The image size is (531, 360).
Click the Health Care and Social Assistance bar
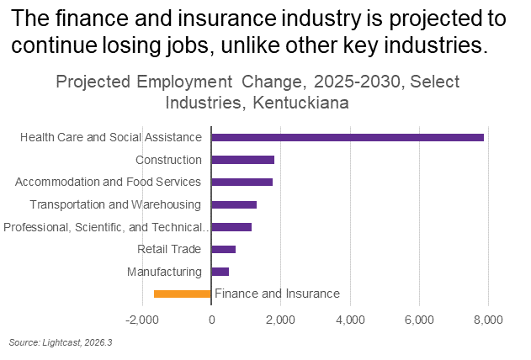[348, 137]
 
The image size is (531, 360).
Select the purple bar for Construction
[243, 160]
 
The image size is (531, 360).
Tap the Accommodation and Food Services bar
[242, 182]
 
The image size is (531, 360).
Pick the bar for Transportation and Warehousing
[234, 204]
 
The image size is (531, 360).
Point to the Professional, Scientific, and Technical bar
[231, 227]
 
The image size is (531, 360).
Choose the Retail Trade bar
[224, 249]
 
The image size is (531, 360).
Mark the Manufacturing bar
[220, 272]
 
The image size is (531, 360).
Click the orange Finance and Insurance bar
[183, 294]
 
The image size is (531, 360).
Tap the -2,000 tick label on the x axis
[142, 320]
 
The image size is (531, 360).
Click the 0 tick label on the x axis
[212, 320]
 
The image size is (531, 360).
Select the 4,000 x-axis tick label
[351, 320]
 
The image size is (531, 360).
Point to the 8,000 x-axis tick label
[488, 320]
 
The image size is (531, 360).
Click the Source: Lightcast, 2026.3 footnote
[61, 342]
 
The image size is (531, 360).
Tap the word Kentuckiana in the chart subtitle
[300, 103]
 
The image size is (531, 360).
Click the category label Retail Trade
[169, 249]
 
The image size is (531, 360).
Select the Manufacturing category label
[164, 272]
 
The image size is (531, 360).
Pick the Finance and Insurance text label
[278, 294]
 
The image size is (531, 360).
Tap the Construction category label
[168, 160]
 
